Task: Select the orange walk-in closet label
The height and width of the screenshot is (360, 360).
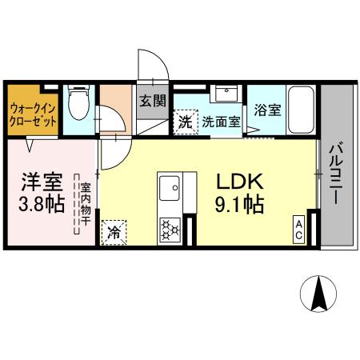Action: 34,111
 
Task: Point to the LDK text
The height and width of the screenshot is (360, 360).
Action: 238,182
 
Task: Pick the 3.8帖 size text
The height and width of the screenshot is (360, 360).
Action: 42,204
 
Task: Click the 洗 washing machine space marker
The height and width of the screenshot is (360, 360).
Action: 185,122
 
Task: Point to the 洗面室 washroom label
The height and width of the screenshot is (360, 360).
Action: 220,122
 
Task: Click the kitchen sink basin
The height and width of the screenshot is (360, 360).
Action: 170,190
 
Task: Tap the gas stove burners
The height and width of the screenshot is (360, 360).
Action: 170,230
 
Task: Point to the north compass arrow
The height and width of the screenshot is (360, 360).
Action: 318,295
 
